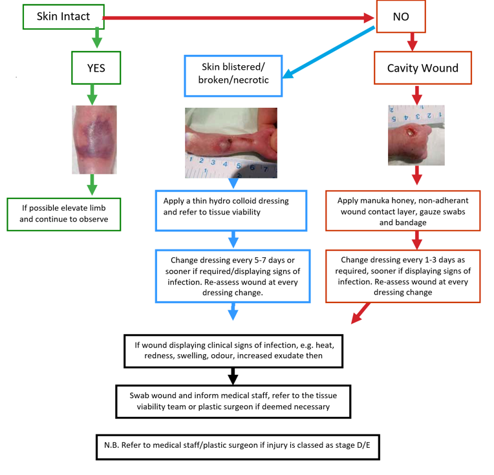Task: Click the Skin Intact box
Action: pyautogui.click(x=63, y=16)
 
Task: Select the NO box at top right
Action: pyautogui.click(x=400, y=16)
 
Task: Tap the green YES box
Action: pyautogui.click(x=96, y=69)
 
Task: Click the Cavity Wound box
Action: pyautogui.click(x=422, y=69)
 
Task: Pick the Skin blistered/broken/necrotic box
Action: pyautogui.click(x=235, y=74)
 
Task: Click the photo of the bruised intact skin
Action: pyautogui.click(x=94, y=140)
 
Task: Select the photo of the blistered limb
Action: pyautogui.click(x=231, y=143)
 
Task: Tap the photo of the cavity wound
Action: pyautogui.click(x=416, y=135)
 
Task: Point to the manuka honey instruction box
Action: pyautogui.click(x=403, y=211)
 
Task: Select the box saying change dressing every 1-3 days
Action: pyautogui.click(x=403, y=275)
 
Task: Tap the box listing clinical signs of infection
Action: pyautogui.click(x=233, y=351)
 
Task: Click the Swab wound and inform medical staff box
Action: pyautogui.click(x=233, y=401)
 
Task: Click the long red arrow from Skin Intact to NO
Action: pyautogui.click(x=239, y=18)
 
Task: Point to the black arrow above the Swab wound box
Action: pyautogui.click(x=233, y=377)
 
